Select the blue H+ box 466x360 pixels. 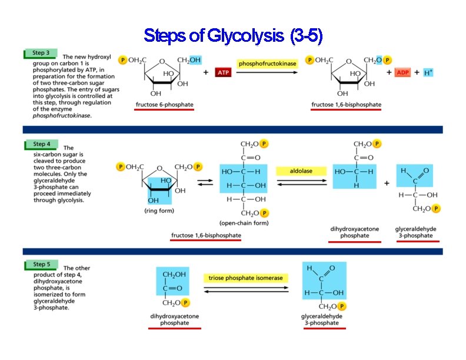tap(428, 72)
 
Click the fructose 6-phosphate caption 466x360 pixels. tap(164, 105)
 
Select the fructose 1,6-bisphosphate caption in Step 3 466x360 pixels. tap(346, 105)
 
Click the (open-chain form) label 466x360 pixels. tap(244, 224)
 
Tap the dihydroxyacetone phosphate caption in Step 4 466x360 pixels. tap(355, 232)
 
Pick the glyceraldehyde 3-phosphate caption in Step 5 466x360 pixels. tap(322, 319)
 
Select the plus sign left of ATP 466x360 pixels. tap(205, 72)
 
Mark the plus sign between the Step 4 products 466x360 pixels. tap(387, 183)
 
